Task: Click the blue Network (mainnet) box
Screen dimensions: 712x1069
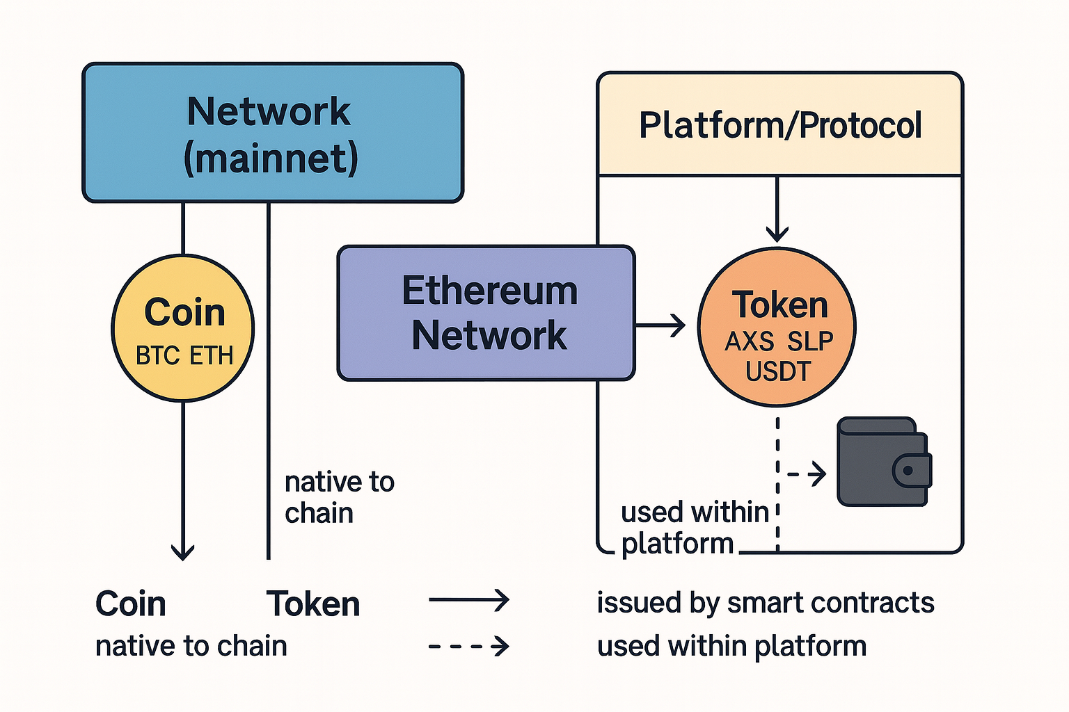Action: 273,133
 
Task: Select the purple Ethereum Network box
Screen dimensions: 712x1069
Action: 486,313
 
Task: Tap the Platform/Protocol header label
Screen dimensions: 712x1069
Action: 780,125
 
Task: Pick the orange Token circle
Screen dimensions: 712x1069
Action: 777,327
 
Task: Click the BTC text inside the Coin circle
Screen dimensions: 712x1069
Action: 157,356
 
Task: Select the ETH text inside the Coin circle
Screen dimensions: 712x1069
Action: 212,356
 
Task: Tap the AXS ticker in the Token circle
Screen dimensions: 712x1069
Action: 750,341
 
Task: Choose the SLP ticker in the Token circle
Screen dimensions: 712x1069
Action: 811,341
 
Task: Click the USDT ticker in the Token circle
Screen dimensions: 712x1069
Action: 778,372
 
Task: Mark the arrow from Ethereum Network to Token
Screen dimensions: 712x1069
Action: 661,325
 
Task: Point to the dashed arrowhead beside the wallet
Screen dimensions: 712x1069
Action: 818,474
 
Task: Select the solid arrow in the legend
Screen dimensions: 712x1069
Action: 468,599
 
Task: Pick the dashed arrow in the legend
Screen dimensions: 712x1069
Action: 468,647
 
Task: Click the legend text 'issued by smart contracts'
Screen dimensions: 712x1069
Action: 765,603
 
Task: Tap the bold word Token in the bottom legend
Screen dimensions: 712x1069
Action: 313,604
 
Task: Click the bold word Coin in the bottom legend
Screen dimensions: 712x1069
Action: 131,604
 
